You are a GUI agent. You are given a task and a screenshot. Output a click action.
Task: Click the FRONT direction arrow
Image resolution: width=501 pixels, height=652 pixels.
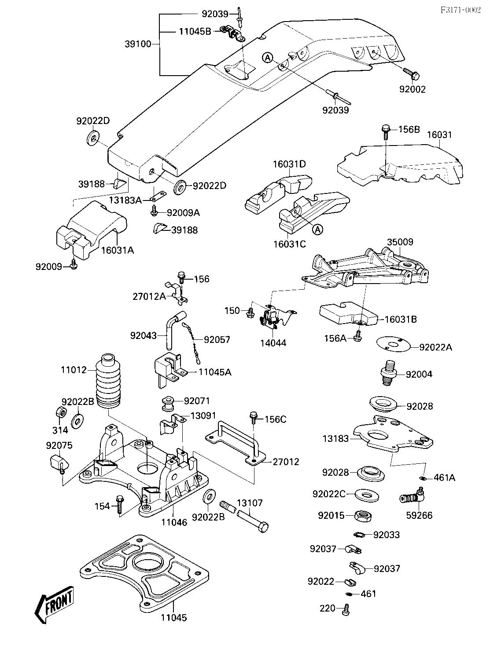point(54,605)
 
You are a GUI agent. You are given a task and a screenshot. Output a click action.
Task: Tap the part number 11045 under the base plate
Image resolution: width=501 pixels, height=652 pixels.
point(173,618)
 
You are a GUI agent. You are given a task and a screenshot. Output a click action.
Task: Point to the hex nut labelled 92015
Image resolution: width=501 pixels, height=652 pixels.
point(363,515)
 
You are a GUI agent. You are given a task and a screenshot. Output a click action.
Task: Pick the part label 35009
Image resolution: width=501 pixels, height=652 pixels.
point(400,242)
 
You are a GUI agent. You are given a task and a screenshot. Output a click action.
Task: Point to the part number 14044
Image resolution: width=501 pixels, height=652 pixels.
point(273,342)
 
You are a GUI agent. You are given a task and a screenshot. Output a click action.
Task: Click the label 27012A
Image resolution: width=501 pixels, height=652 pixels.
point(149,296)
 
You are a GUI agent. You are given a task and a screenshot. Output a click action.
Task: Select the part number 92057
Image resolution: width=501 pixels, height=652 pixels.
point(217,339)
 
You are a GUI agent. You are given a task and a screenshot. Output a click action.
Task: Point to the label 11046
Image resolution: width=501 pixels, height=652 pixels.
point(174,522)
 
